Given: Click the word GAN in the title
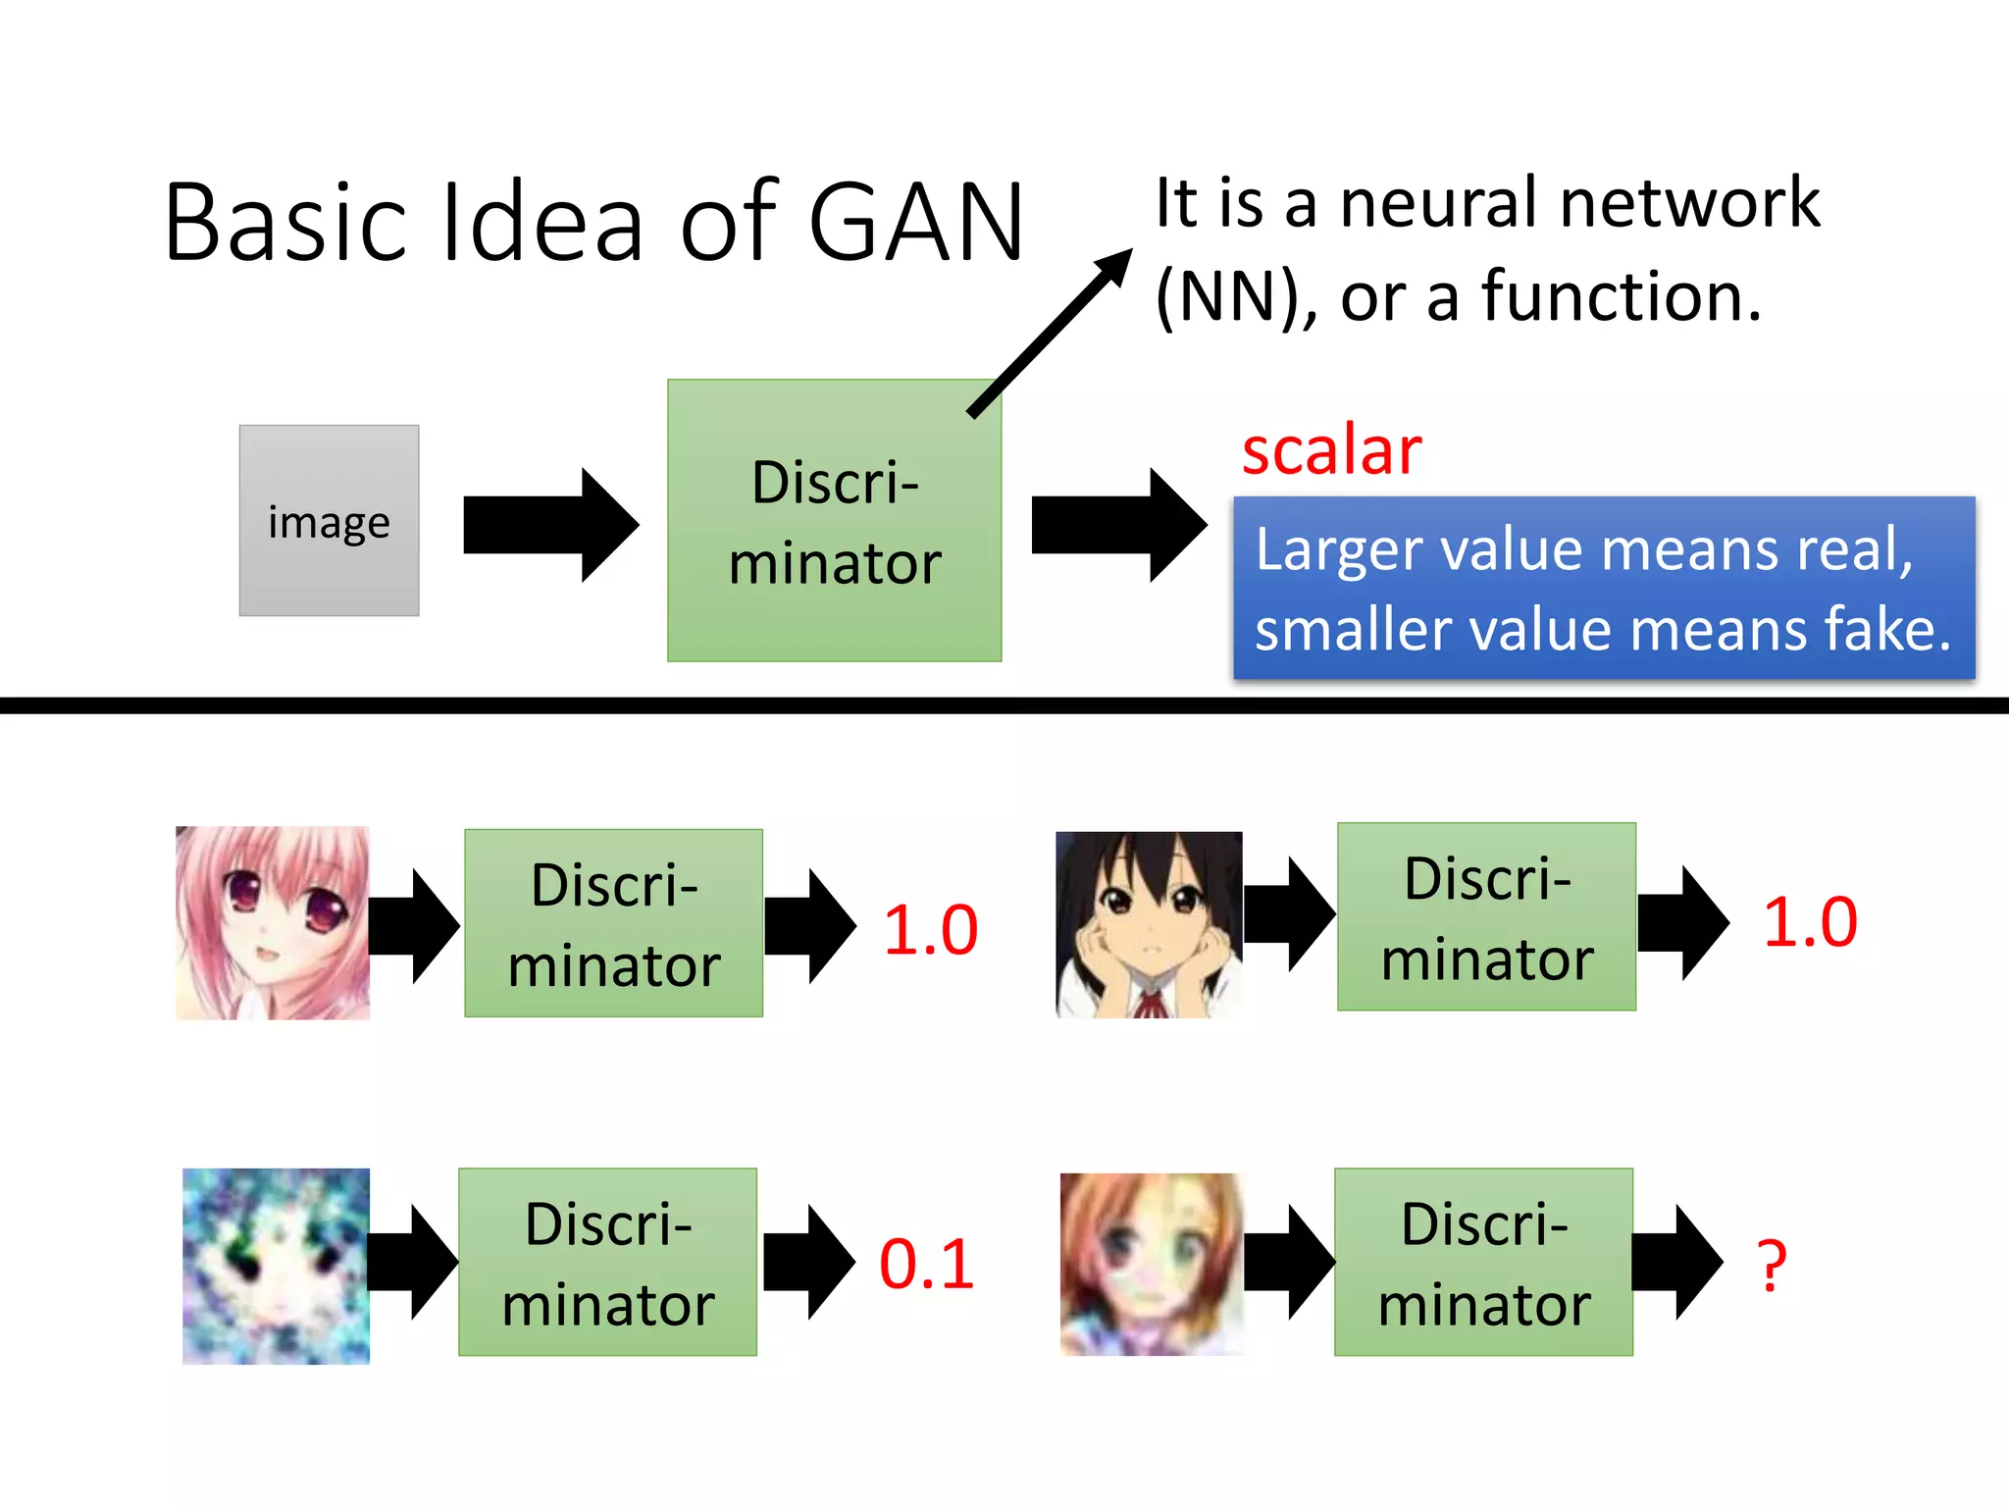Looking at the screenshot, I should click(916, 224).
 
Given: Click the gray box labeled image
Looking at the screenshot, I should click(329, 521).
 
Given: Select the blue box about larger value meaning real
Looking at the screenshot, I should click(1603, 588).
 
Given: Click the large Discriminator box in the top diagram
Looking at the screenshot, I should click(834, 521).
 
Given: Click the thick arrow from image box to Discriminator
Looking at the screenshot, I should click(549, 525).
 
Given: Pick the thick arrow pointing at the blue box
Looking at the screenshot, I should click(1118, 525).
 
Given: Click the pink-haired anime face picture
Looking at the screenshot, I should click(273, 922).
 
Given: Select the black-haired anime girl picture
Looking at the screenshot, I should click(1149, 924).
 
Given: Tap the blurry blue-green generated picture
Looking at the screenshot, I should click(276, 1266).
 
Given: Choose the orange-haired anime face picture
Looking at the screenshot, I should click(1152, 1265).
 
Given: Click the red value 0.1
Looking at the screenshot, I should click(926, 1264).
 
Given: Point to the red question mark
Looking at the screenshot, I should click(1772, 1266).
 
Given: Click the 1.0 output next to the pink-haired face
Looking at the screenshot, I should click(930, 929).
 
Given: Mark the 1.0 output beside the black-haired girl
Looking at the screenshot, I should click(1810, 922).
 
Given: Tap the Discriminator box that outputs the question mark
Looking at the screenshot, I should click(1483, 1262).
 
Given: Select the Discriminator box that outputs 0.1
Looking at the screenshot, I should click(607, 1262).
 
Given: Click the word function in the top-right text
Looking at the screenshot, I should click(1621, 296).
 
